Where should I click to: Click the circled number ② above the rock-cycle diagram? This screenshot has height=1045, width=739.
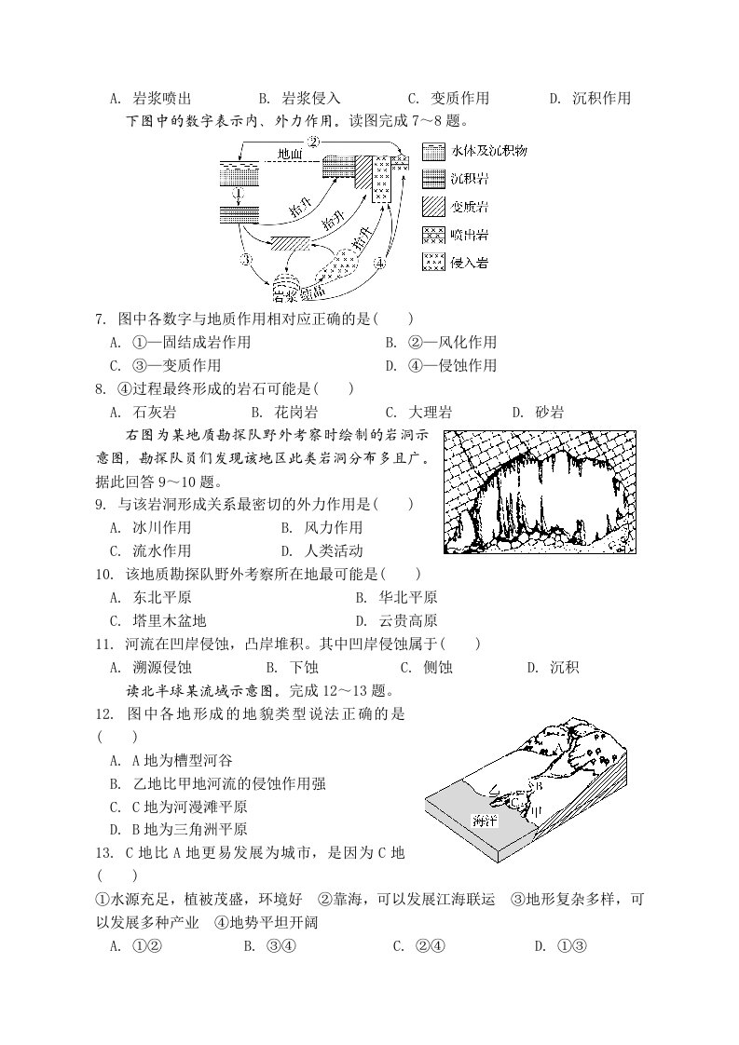(x=313, y=142)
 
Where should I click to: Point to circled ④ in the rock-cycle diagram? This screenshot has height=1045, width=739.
(x=380, y=263)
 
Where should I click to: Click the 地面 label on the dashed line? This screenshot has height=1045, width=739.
(x=290, y=154)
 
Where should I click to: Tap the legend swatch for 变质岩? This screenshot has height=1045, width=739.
(x=433, y=207)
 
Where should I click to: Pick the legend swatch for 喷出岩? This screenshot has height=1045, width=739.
(x=433, y=235)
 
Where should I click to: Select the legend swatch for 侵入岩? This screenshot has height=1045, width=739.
(x=433, y=262)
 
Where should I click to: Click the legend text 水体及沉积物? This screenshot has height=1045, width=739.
(x=489, y=151)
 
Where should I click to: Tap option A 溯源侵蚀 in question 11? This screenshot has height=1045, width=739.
(x=151, y=667)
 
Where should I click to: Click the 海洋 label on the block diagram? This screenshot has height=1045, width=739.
(x=485, y=821)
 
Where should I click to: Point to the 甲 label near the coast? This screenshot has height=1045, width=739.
(x=536, y=810)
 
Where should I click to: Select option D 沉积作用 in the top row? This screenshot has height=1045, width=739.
(x=590, y=99)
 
